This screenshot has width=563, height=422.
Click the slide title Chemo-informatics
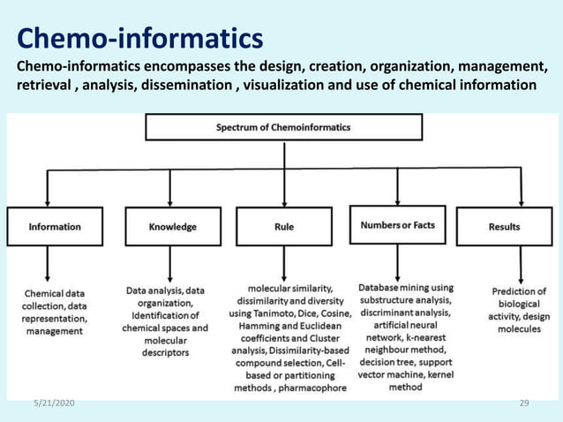[x=140, y=39]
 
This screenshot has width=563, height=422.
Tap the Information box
[x=55, y=226]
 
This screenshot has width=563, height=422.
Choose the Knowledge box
[x=173, y=226]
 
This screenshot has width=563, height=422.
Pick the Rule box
[x=283, y=226]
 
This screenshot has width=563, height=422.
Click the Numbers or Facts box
[x=397, y=225]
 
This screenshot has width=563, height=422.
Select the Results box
[x=504, y=226]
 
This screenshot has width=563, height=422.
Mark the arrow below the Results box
[x=521, y=264]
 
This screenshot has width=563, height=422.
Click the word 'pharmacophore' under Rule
[x=305, y=387]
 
